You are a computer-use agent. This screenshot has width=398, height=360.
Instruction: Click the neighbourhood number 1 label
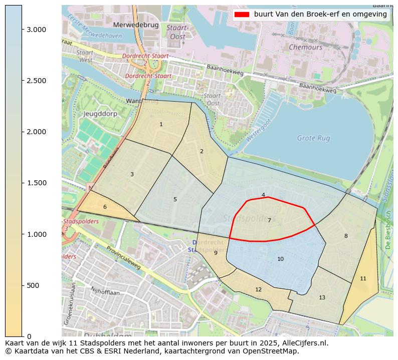pyautogui.click(x=161, y=124)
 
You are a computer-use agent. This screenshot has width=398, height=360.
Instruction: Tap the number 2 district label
pyautogui.click(x=202, y=151)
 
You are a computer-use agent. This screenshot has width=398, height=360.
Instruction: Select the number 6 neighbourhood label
pyautogui.click(x=105, y=207)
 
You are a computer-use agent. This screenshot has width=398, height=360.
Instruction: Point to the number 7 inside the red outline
pyautogui.click(x=269, y=220)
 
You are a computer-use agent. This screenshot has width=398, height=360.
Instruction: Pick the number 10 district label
pyautogui.click(x=280, y=259)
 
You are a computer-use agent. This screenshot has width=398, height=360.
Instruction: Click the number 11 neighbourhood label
pyautogui.click(x=363, y=278)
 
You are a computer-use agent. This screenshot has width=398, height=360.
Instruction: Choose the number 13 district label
pyautogui.click(x=322, y=297)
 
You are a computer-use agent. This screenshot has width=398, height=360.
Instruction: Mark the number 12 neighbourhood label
pyautogui.click(x=258, y=289)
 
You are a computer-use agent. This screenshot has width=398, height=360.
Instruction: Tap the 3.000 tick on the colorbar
pyautogui.click(x=37, y=30)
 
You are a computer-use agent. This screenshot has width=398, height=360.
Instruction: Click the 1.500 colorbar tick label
pyautogui.click(x=37, y=183)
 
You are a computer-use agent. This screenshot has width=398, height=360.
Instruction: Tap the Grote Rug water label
pyautogui.click(x=313, y=138)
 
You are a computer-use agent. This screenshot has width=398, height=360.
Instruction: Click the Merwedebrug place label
pyautogui.click(x=136, y=25)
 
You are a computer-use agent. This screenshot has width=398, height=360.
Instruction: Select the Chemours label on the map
pyautogui.click(x=305, y=47)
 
